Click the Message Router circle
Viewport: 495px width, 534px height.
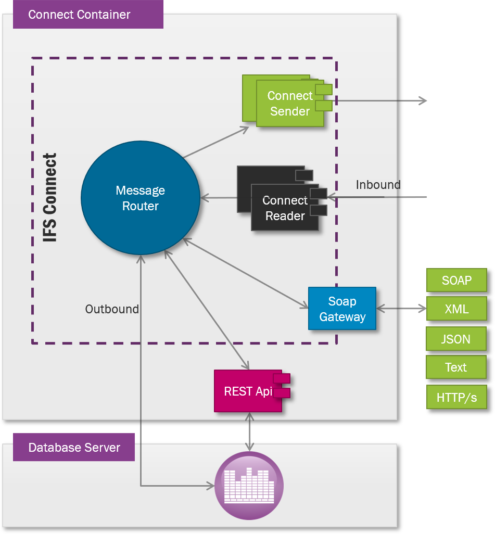141,198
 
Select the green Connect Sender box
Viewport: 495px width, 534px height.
289,104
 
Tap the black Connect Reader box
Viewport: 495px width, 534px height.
285,208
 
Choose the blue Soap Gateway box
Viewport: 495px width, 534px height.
342,309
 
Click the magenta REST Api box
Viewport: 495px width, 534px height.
248,391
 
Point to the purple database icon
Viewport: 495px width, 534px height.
249,486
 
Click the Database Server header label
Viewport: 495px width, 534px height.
74,448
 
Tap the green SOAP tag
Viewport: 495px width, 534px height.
456,281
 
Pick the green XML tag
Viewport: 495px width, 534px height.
456,309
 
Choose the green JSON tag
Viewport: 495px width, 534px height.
456,339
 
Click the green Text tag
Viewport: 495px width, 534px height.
456,367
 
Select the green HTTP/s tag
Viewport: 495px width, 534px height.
456,398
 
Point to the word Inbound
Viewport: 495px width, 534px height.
378,185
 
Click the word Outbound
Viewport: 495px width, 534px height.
112,309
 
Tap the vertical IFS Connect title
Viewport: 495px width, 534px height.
50,198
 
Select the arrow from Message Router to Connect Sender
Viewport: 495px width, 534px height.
216,142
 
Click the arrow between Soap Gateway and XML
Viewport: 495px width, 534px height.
401,309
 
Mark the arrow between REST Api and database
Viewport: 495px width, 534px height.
250,431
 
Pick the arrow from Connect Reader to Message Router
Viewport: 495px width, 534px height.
219,198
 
